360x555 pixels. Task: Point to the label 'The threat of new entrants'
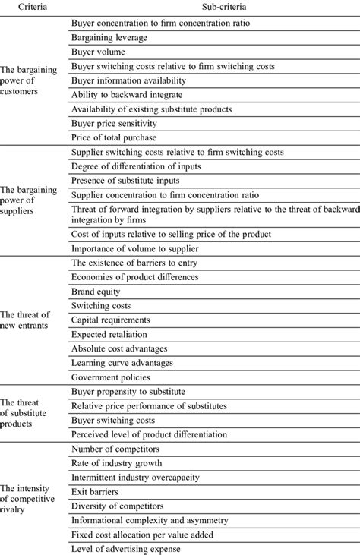(28, 319)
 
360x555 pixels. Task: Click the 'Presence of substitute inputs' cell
(125, 180)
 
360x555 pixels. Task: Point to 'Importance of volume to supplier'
(134, 248)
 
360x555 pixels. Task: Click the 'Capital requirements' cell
(110, 320)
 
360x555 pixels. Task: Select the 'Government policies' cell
(112, 377)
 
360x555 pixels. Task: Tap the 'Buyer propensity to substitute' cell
(128, 391)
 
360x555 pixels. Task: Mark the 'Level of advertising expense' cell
(126, 549)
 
